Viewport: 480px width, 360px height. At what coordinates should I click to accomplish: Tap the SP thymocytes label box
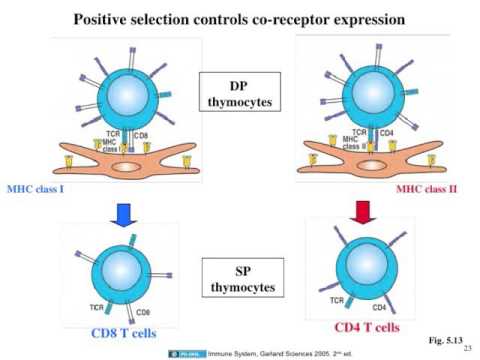pyautogui.click(x=239, y=281)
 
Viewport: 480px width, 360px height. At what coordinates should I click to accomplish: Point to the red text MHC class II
pyautogui.click(x=435, y=188)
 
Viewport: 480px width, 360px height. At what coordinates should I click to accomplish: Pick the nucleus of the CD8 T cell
pyautogui.click(x=120, y=267)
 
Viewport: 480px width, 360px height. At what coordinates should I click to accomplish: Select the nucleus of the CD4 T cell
pyautogui.click(x=363, y=263)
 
